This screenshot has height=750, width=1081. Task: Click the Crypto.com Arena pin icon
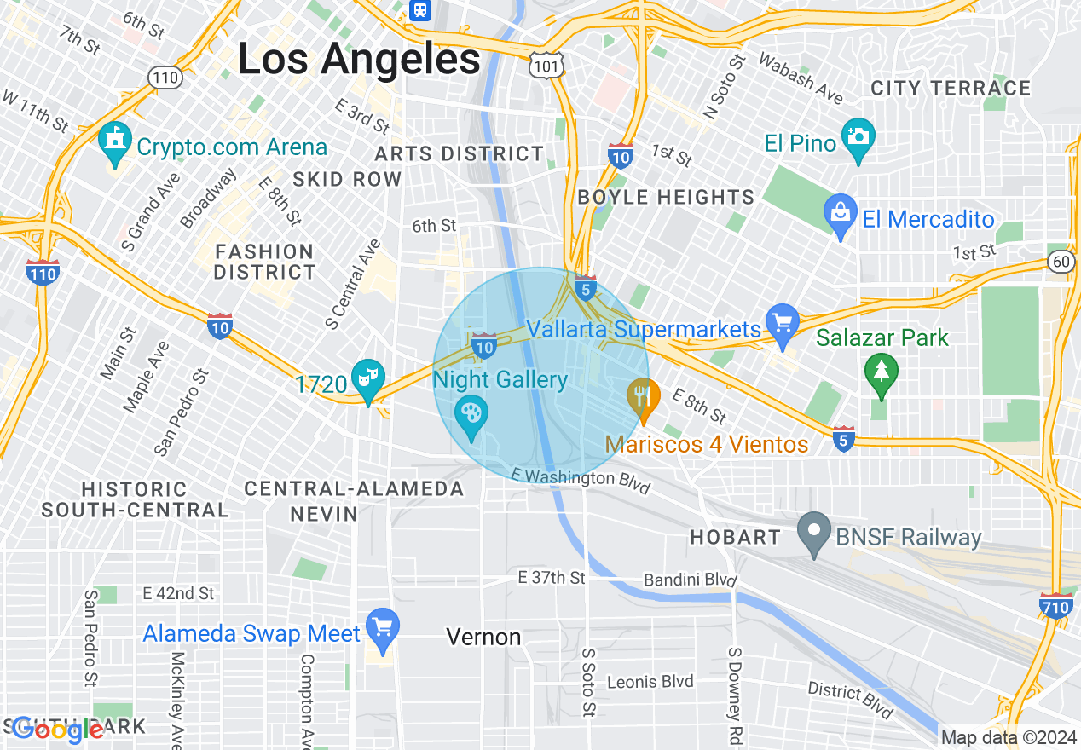113,146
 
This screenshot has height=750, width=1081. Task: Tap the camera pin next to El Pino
858,139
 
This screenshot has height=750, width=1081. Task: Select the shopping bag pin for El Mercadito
841,215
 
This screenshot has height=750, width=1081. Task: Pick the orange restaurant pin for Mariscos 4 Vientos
644,399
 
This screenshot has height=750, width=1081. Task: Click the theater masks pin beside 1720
369,379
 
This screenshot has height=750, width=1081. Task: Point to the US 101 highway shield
543,65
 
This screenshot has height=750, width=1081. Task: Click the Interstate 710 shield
1056,605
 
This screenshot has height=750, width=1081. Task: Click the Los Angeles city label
359,60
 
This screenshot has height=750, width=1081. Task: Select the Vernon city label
483,637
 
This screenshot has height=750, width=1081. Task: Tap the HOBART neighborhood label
735,537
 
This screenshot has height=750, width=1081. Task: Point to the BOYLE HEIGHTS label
666,198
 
